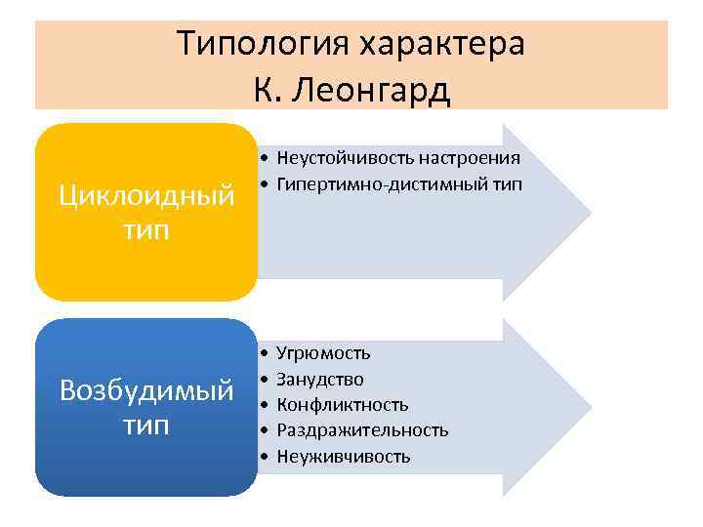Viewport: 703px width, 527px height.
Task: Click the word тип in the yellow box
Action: pos(146,230)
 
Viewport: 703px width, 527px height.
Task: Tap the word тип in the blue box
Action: pos(146,426)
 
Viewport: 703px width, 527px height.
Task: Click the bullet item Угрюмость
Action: pos(323,353)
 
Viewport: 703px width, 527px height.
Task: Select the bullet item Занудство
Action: pos(320,379)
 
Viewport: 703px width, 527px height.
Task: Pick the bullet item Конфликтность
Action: pos(343,404)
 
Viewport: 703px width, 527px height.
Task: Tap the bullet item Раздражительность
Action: pos(362,430)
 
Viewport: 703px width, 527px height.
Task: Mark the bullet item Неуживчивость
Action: pos(344,456)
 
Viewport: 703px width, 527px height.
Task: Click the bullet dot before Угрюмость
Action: pos(265,353)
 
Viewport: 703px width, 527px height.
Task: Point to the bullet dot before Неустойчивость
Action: pos(265,158)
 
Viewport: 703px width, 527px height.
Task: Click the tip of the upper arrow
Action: pos(589,211)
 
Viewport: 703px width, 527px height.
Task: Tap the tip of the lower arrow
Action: pos(589,405)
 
